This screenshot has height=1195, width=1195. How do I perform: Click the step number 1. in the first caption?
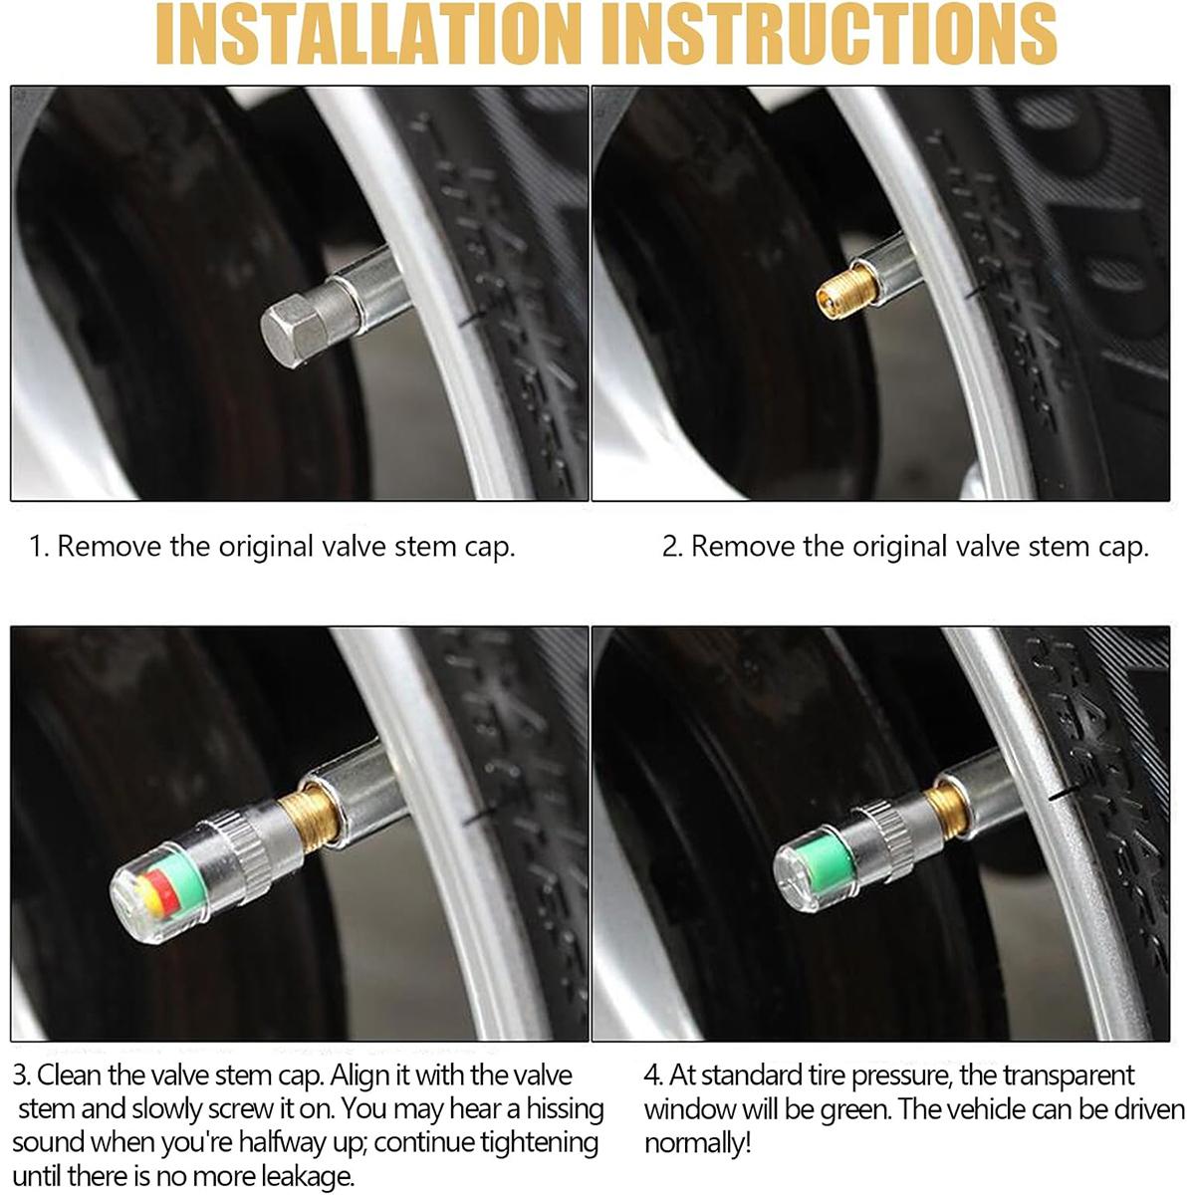[39, 547]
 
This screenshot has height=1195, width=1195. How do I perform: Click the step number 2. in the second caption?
[672, 547]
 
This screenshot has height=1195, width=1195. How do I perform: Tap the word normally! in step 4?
[697, 1143]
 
